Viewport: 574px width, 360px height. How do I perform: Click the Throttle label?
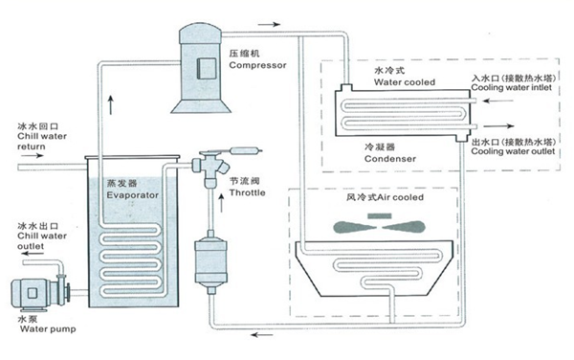[246, 191]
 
